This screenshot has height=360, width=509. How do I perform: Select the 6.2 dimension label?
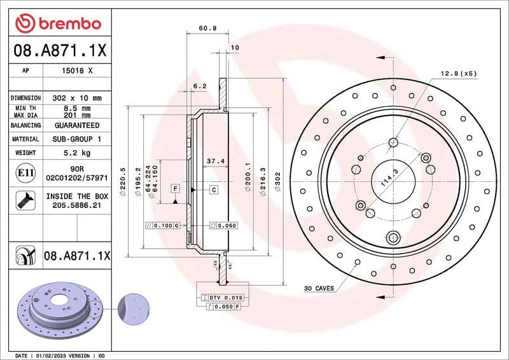coord(200,86)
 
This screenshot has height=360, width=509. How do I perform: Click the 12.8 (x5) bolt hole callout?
coord(458,74)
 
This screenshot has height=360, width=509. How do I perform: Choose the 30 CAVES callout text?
coord(318,288)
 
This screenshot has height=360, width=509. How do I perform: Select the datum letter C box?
coord(214,190)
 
